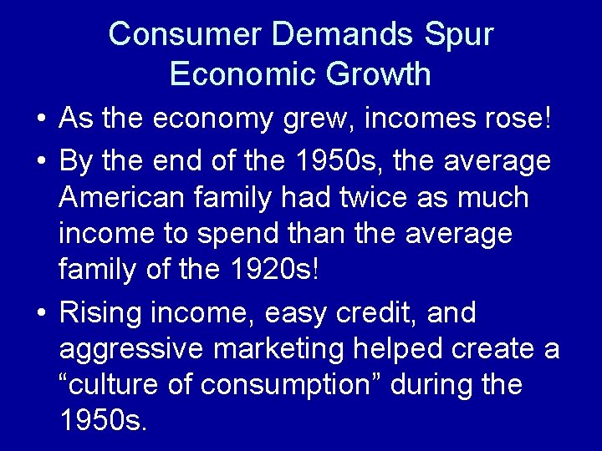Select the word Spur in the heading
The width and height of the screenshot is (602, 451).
tap(459, 34)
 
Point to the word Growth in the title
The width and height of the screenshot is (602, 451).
tap(381, 73)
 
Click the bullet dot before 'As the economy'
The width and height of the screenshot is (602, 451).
tap(41, 119)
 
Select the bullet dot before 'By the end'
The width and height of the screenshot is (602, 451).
tap(41, 160)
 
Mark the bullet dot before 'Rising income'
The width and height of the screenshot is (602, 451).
tap(41, 314)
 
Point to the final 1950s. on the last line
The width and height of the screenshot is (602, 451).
tap(104, 421)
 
